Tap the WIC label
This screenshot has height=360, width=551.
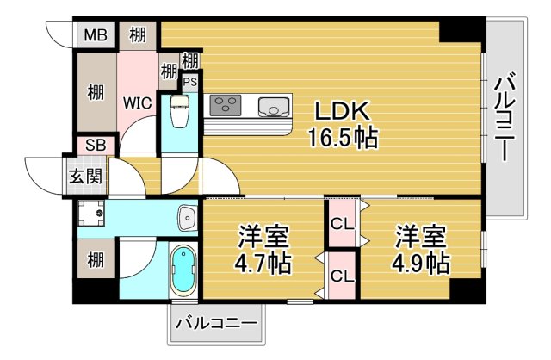(x=137, y=103)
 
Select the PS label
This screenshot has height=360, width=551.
(x=189, y=82)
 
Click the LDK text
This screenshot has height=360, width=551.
(x=342, y=112)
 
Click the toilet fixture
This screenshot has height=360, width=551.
(x=180, y=112)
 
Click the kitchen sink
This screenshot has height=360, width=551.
(x=275, y=107)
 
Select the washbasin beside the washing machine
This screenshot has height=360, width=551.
(x=185, y=216)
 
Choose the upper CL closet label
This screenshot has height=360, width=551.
(x=342, y=223)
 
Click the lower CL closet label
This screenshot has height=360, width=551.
(x=342, y=276)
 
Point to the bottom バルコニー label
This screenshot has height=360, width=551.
(x=216, y=326)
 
